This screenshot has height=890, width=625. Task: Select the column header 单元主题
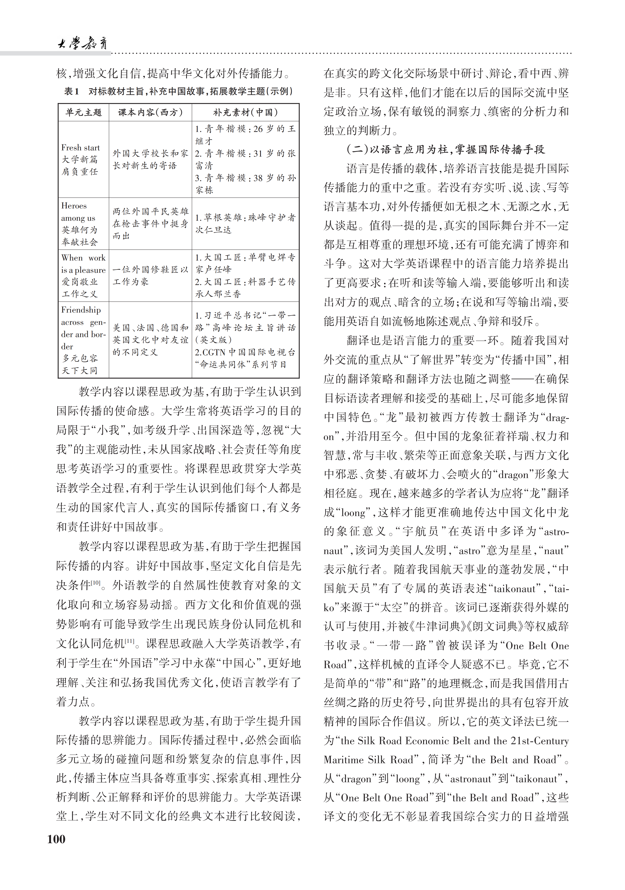[x=83, y=112]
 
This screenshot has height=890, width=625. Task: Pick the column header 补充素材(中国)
[x=245, y=112]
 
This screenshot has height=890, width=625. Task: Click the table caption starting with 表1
[x=178, y=92]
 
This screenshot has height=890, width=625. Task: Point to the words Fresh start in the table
[x=80, y=148]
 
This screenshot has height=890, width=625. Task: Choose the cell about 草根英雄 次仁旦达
[x=245, y=224]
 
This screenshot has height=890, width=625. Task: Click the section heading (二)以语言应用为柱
[x=445, y=149]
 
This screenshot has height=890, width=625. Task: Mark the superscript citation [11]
[x=130, y=641]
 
